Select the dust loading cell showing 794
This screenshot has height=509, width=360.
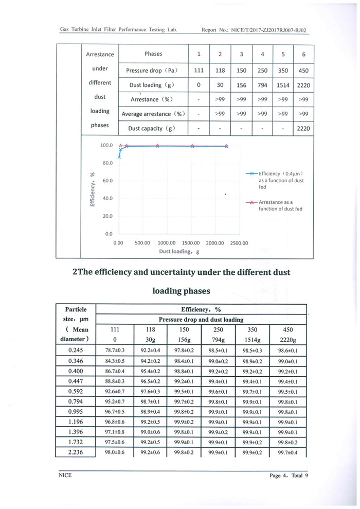tap(262, 85)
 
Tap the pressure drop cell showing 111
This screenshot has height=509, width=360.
tap(199, 71)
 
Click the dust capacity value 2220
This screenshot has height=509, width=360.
tap(303, 129)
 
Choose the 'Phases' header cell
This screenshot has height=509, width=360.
tap(153, 54)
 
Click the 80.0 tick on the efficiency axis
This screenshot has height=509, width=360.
tap(107, 163)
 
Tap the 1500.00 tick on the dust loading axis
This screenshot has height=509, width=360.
tap(191, 243)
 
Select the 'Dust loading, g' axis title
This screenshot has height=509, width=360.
tap(179, 252)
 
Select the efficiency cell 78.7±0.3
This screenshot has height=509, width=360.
tap(115, 350)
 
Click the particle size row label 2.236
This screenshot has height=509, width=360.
tap(76, 452)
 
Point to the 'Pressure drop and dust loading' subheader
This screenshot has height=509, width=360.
tap(201, 320)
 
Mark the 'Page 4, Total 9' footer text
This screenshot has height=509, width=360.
tap(289, 476)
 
